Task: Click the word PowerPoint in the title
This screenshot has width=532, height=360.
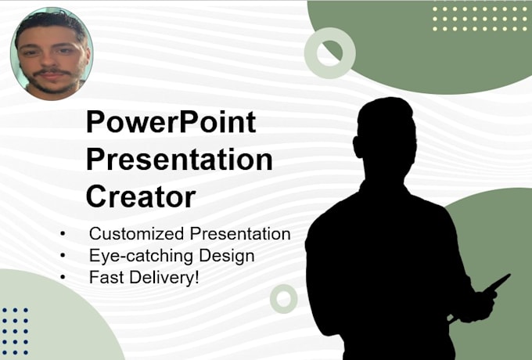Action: pos(171,124)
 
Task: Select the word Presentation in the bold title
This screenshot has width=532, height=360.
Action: pos(179,160)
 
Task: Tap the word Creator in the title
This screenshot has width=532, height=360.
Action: pos(140,196)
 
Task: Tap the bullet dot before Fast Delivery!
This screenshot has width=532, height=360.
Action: pos(63,277)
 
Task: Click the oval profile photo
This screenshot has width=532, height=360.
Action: pos(51,54)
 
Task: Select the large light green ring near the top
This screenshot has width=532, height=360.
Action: pos(329,53)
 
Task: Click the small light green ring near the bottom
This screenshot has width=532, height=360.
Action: pos(283,298)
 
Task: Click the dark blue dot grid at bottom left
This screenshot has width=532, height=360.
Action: pos(15,326)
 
